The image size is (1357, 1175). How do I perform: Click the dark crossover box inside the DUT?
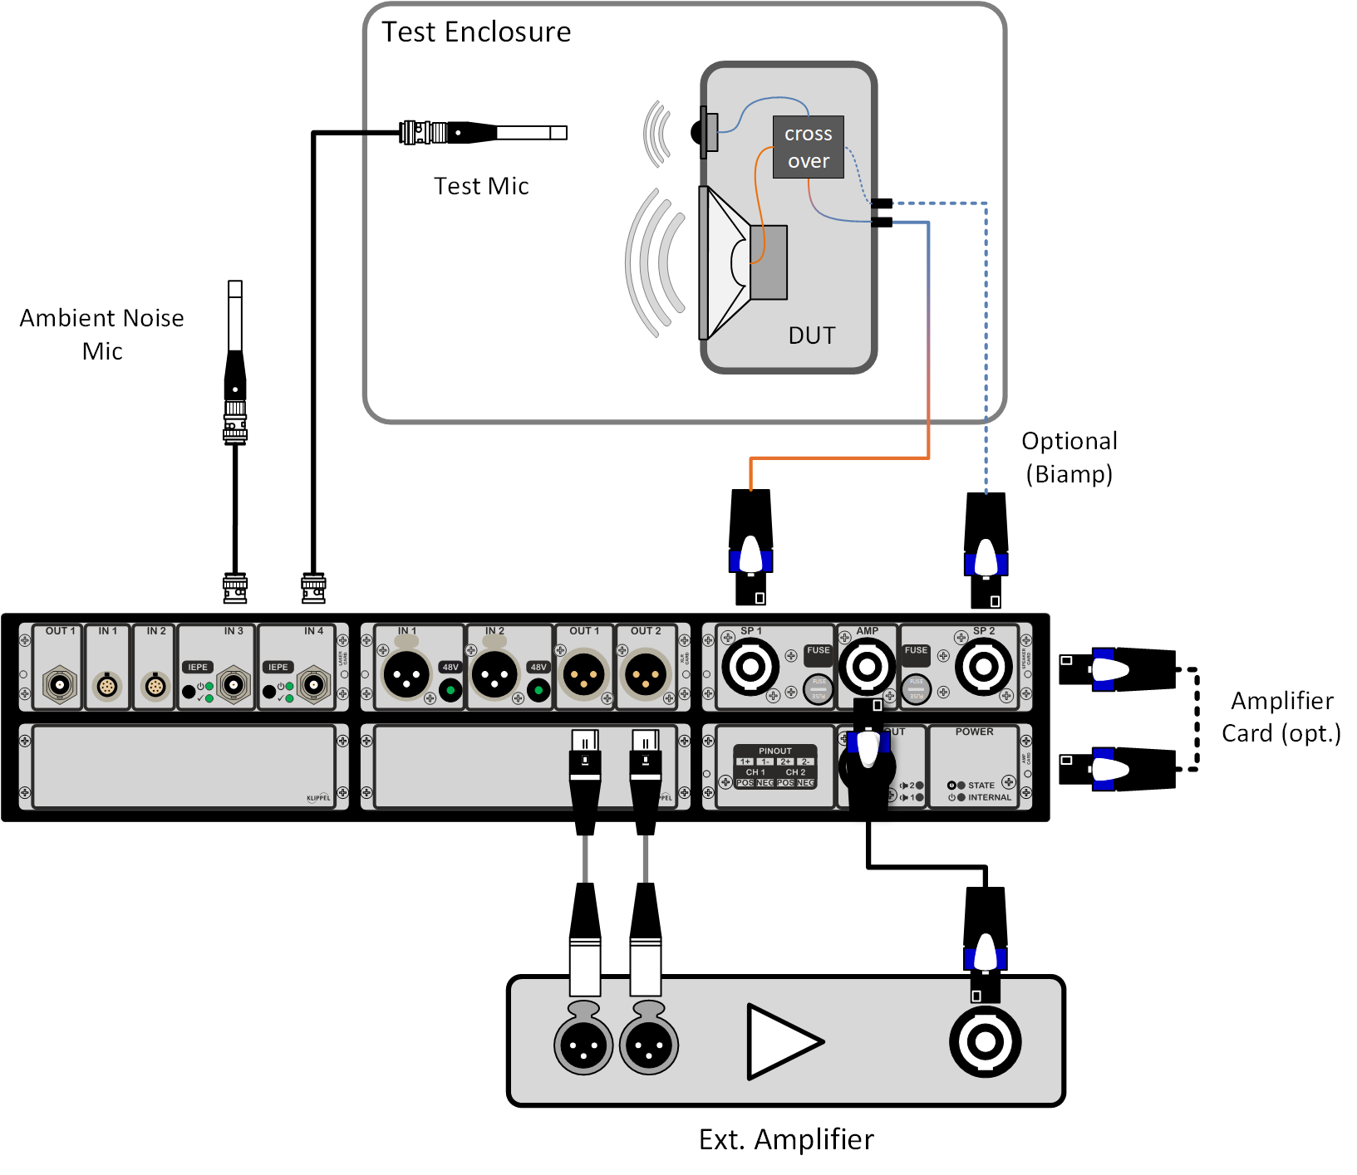click(x=808, y=147)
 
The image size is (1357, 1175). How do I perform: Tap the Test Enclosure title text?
click(x=476, y=32)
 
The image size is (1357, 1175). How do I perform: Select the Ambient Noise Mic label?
click(x=102, y=334)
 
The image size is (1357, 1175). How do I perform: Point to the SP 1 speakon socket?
click(x=750, y=666)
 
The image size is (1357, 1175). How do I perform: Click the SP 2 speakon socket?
click(x=984, y=666)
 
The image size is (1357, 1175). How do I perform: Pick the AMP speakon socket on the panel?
click(x=867, y=666)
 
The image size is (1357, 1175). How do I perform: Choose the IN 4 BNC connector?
click(x=314, y=685)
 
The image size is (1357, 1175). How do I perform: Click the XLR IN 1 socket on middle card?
click(x=406, y=675)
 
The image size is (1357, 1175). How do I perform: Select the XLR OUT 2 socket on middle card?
click(x=646, y=675)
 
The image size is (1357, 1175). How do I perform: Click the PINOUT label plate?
click(x=775, y=766)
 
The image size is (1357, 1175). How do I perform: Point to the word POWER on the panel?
click(x=974, y=732)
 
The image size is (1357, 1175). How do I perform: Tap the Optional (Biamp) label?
click(x=1069, y=458)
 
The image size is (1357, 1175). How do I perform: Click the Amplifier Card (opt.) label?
click(x=1281, y=717)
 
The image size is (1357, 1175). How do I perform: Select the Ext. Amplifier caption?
click(x=786, y=1139)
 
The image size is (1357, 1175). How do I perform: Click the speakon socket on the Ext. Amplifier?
click(x=985, y=1041)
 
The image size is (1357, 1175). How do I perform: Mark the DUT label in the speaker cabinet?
click(x=811, y=335)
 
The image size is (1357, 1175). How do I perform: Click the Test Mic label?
click(x=481, y=186)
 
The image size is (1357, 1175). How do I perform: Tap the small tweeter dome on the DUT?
click(x=698, y=131)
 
